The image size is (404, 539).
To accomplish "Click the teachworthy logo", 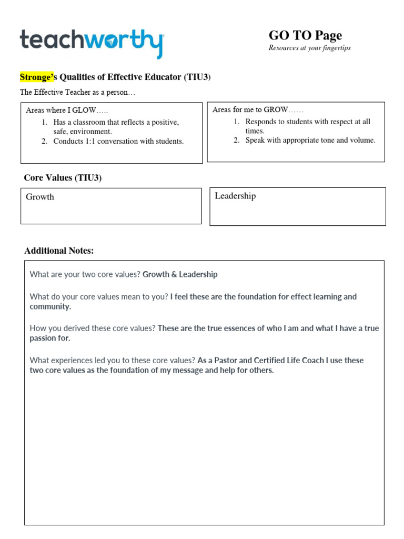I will [x=92, y=42].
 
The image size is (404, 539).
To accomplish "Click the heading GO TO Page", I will [x=305, y=35].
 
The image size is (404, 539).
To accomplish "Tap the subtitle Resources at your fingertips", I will [x=309, y=48].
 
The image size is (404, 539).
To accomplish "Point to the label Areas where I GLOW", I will [x=66, y=111].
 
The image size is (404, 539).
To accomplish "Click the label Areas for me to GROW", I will [x=258, y=109].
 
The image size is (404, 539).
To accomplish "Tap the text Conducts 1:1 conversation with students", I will [x=118, y=141].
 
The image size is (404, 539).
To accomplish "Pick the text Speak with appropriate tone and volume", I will [x=310, y=140].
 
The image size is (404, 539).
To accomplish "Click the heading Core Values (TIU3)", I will [x=63, y=178].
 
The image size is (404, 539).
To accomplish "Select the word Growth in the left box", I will [x=40, y=197].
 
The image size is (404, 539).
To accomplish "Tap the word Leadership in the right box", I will [x=235, y=196].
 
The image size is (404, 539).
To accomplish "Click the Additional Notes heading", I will [x=59, y=251].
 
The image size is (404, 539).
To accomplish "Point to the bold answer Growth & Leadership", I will [x=180, y=274].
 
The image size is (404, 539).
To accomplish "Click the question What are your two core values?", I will [x=85, y=274].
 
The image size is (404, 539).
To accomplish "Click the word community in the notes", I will [x=50, y=306].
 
